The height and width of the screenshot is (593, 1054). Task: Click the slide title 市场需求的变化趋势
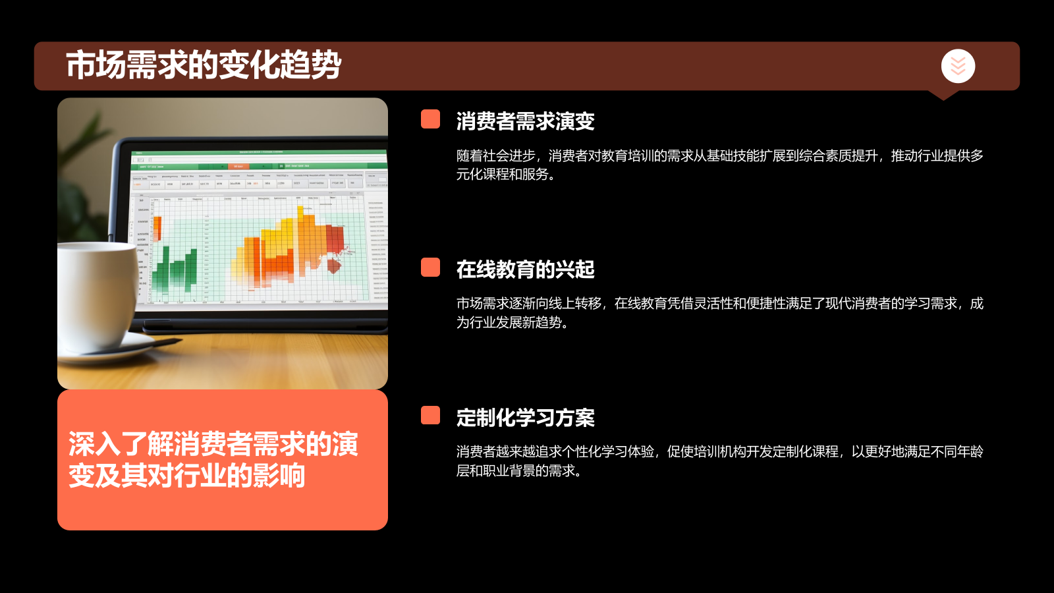204,65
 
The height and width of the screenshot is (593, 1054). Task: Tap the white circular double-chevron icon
958,66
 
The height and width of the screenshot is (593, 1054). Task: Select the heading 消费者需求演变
525,121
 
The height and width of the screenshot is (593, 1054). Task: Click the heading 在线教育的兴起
525,269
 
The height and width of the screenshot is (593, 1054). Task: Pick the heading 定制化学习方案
525,418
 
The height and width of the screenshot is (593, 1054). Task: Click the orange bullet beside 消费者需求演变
430,119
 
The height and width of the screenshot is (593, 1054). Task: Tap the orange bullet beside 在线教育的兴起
430,268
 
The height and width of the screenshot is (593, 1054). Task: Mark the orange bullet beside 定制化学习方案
430,415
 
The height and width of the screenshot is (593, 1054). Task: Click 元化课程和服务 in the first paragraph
502,175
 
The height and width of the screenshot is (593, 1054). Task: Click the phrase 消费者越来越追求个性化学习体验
555,452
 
